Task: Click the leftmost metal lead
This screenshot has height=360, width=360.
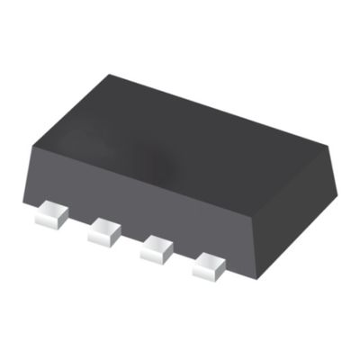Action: [x=51, y=215]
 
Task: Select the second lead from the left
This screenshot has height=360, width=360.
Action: [x=104, y=232]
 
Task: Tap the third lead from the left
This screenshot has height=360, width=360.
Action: [x=157, y=248]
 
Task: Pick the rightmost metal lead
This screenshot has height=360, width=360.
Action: [x=209, y=265]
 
